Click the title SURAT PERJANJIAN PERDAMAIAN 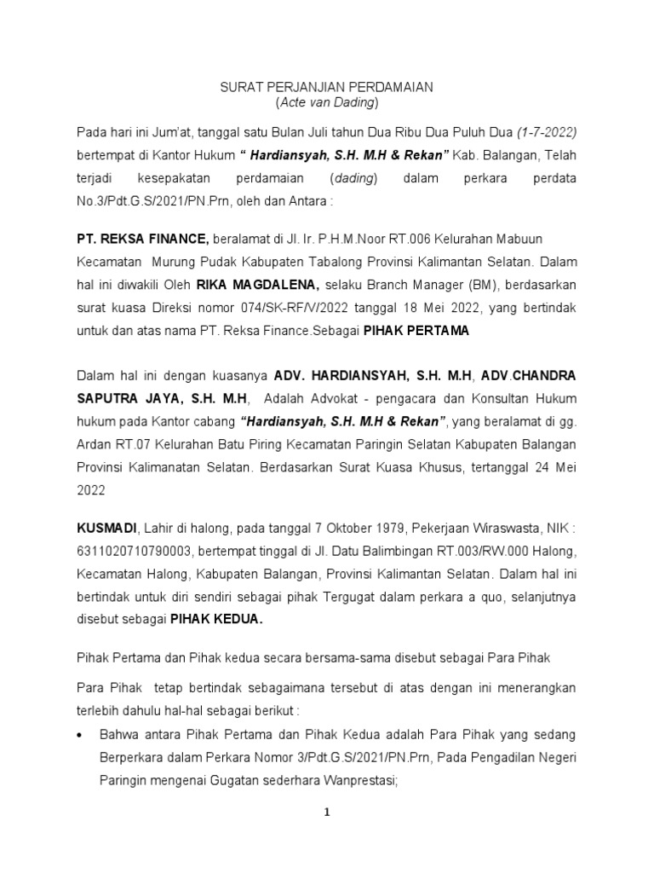pyautogui.click(x=327, y=86)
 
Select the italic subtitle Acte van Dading pyautogui.click(x=327, y=103)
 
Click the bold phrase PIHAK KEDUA pyautogui.click(x=217, y=620)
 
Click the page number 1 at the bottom pyautogui.click(x=326, y=813)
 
